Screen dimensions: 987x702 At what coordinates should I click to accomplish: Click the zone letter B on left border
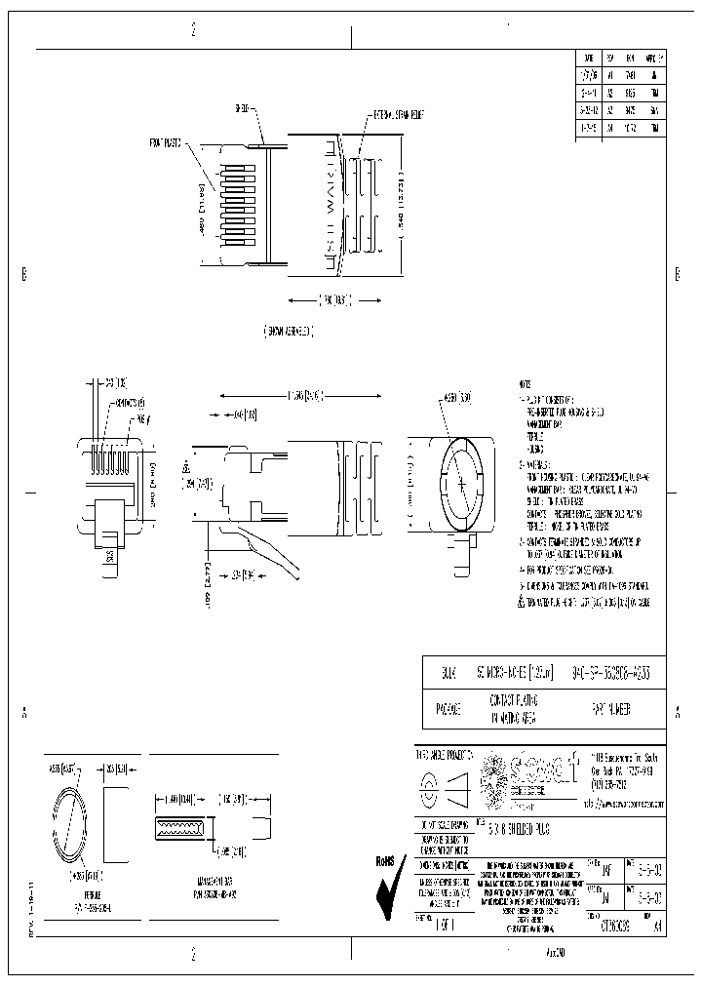(x=23, y=274)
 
